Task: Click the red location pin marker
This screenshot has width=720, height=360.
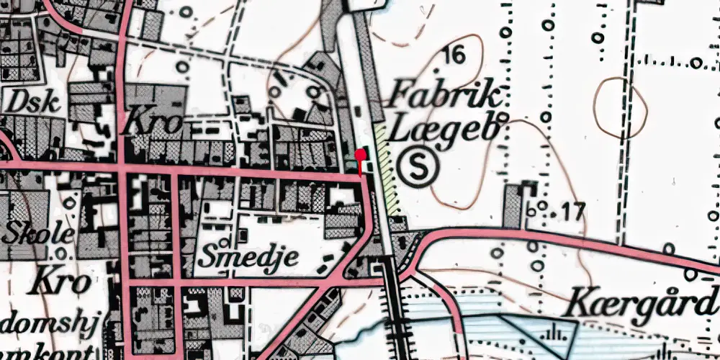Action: coord(359,156)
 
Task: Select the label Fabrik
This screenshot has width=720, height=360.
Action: coord(443,96)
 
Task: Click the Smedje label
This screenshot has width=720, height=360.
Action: coord(248,257)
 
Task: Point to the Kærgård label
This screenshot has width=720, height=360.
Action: coord(641,305)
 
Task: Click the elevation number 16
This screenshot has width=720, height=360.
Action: coord(454,53)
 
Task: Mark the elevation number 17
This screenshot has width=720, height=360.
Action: coord(572,212)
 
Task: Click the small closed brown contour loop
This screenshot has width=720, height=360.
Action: coord(621,108)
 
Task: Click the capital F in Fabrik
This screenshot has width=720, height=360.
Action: coord(400,95)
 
